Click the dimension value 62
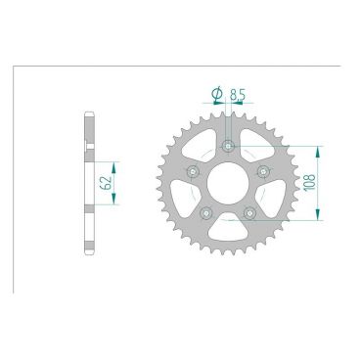103,183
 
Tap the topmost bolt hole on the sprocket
228,147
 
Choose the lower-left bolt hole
206,213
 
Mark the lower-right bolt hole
249,213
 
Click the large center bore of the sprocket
228,184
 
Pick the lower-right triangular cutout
271,200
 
